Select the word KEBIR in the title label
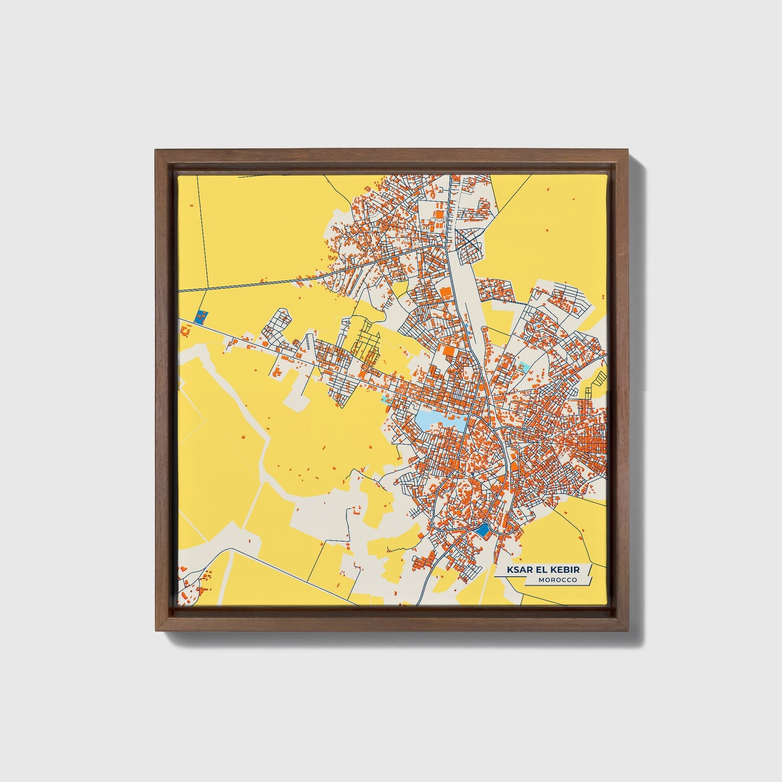pos(568,570)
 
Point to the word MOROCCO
pos(557,580)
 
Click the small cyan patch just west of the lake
pos(385,399)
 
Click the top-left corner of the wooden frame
pos(156,150)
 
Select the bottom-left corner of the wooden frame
pos(156,630)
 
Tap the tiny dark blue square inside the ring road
pos(472,475)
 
